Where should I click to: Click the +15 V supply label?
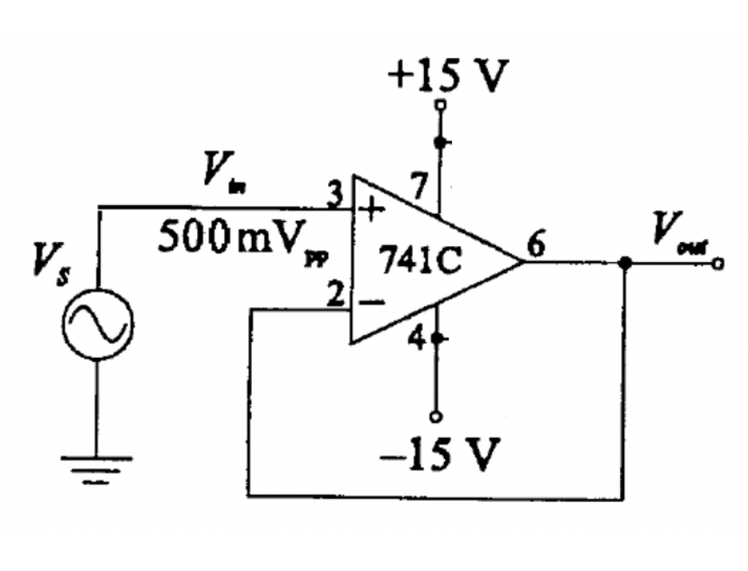click(448, 78)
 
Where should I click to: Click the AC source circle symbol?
click(97, 324)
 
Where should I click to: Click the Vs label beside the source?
click(47, 263)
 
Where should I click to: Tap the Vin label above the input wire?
click(223, 173)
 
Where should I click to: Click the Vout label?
click(675, 230)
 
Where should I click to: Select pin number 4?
click(417, 339)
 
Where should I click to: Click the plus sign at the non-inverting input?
click(372, 210)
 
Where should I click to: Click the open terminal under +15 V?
click(439, 105)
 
